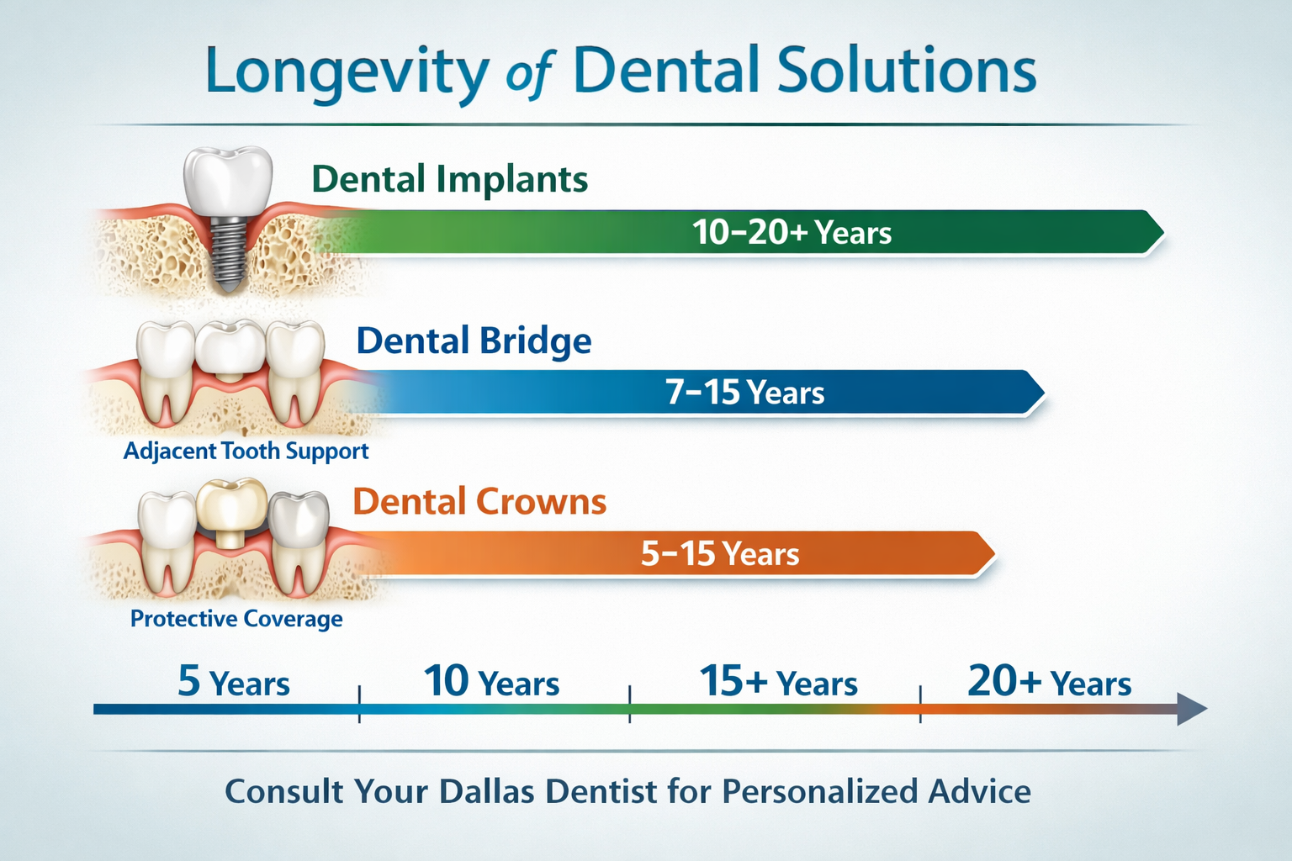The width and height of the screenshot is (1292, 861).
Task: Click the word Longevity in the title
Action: click(346, 72)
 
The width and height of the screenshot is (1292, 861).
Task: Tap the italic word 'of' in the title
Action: click(529, 76)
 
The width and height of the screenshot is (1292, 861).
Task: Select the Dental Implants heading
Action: click(449, 179)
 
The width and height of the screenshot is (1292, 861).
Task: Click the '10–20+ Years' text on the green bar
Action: click(792, 232)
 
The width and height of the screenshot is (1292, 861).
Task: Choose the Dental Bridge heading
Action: click(474, 341)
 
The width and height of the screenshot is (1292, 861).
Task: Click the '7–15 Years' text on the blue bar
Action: click(744, 393)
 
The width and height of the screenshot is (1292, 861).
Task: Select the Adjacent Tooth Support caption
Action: click(246, 452)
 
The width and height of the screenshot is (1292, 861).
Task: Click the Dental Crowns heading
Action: click(479, 502)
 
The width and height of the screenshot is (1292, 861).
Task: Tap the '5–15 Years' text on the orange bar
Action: click(720, 554)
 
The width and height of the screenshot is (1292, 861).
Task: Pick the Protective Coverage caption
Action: click(236, 619)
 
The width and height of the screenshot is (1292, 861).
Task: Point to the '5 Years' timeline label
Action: click(233, 682)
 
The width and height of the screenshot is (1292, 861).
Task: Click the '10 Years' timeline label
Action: click(491, 682)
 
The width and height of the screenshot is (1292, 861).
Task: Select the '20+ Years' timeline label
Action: click(1049, 682)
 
